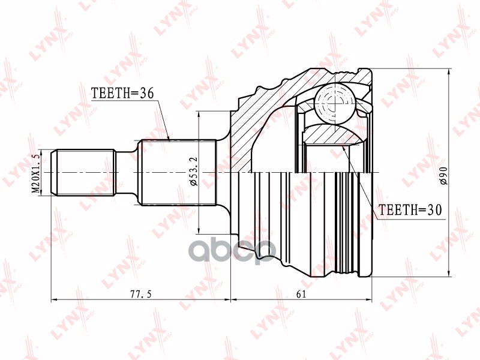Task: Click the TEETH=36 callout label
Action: pos(122,94)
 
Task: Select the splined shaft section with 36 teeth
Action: pos(177,172)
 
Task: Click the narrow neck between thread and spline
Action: pos(127,172)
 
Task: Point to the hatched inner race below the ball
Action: pos(333,133)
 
